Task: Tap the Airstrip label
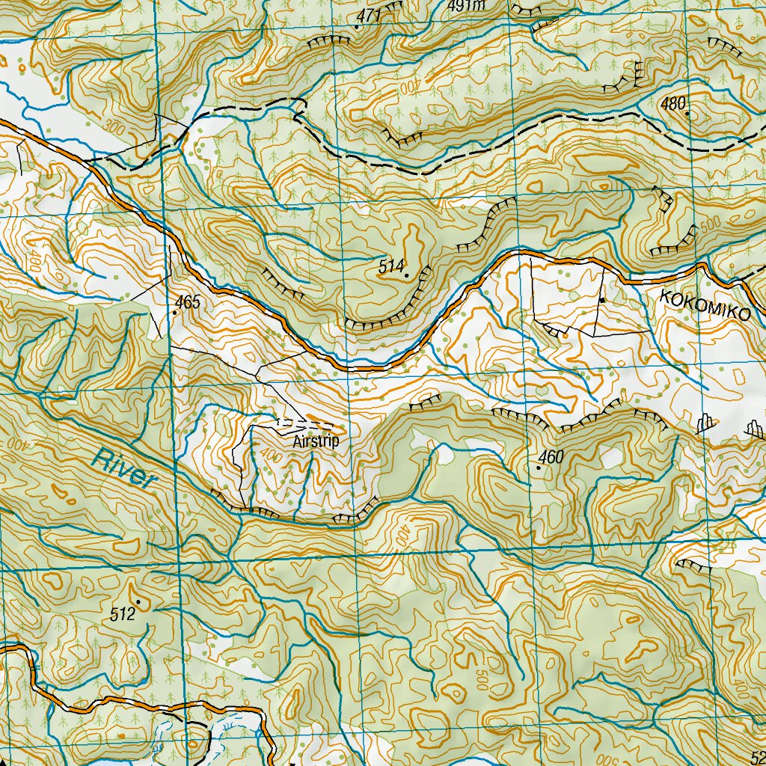[x=316, y=441]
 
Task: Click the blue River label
[x=124, y=468]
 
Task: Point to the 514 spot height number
[x=390, y=266]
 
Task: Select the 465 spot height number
[x=188, y=302]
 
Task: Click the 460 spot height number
[x=550, y=457]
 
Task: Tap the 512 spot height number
[x=122, y=615]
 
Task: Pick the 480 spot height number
[x=672, y=105]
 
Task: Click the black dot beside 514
[x=407, y=276]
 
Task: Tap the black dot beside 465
[x=174, y=313]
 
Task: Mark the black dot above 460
[x=539, y=467]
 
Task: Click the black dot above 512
[x=138, y=601]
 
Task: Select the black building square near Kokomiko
[x=601, y=300]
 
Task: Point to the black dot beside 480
[x=687, y=114]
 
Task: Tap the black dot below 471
[x=356, y=27]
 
